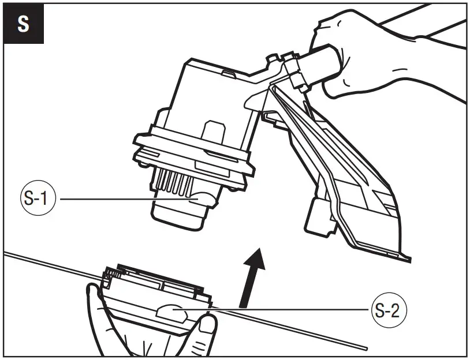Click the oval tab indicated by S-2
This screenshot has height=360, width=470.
[x=171, y=313]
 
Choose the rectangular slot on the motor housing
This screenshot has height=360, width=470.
[x=214, y=132]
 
